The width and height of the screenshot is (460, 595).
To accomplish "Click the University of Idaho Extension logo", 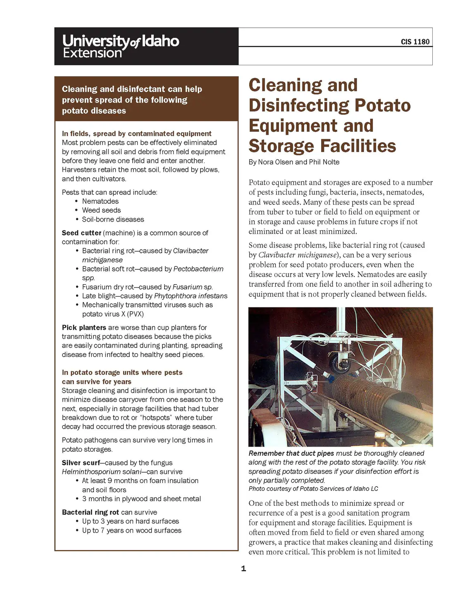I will pyautogui.click(x=121, y=46).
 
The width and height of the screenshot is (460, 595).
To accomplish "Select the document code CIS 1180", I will pyautogui.click(x=415, y=42).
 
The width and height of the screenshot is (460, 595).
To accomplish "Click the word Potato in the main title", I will pyautogui.click(x=382, y=105).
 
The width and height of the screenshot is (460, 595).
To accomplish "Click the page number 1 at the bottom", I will pyautogui.click(x=243, y=569).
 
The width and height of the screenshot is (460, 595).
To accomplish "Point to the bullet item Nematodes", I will pyautogui.click(x=100, y=201).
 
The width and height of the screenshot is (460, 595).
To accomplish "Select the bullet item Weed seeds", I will pyautogui.click(x=101, y=210).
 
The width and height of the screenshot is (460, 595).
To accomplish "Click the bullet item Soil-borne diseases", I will pyautogui.click(x=113, y=219).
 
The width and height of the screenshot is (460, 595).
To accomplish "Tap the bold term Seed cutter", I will pyautogui.click(x=81, y=233).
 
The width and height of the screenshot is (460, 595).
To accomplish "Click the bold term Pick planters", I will pyautogui.click(x=84, y=328).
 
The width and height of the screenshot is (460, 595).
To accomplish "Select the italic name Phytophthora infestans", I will pyautogui.click(x=191, y=296).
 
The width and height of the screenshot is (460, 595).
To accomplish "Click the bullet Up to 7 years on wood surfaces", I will pyautogui.click(x=131, y=531).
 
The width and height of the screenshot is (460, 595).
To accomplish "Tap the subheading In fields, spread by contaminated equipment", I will pyautogui.click(x=136, y=133).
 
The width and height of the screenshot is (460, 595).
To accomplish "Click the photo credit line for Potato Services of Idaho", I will pyautogui.click(x=313, y=489).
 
